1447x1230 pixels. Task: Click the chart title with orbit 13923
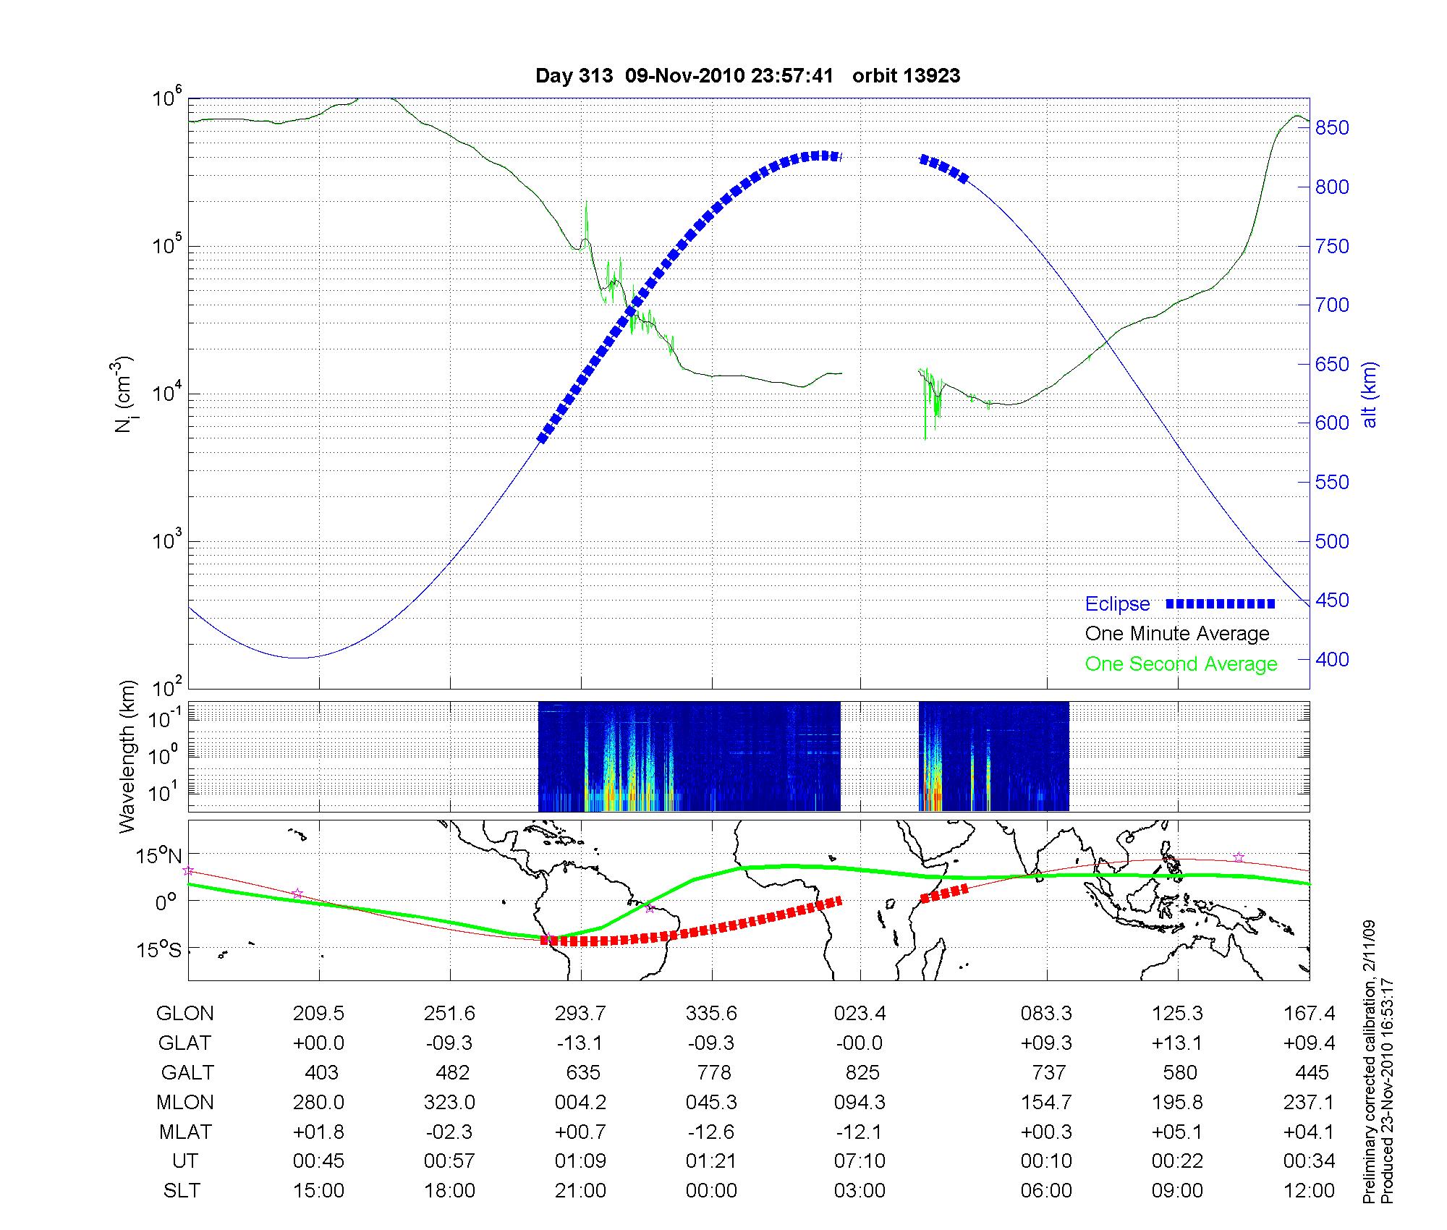tap(747, 76)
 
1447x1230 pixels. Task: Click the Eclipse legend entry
tap(1117, 604)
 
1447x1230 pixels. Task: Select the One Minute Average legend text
tap(1177, 634)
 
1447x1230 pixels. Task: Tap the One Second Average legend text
tap(1181, 664)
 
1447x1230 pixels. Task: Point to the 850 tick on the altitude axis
tap(1332, 128)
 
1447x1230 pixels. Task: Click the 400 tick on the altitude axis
tap(1332, 660)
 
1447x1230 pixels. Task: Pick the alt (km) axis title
tap(1370, 394)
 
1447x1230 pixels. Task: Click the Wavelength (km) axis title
tap(129, 757)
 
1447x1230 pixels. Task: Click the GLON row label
tap(185, 1014)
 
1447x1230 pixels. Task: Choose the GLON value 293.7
tap(580, 1014)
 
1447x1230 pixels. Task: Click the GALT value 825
tap(860, 1072)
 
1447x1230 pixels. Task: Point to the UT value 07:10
tap(860, 1161)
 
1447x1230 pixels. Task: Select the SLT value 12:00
tap(1309, 1191)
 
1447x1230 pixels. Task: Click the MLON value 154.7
tap(1046, 1102)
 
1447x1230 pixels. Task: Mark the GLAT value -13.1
tap(580, 1043)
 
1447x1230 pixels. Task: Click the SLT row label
tap(182, 1191)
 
